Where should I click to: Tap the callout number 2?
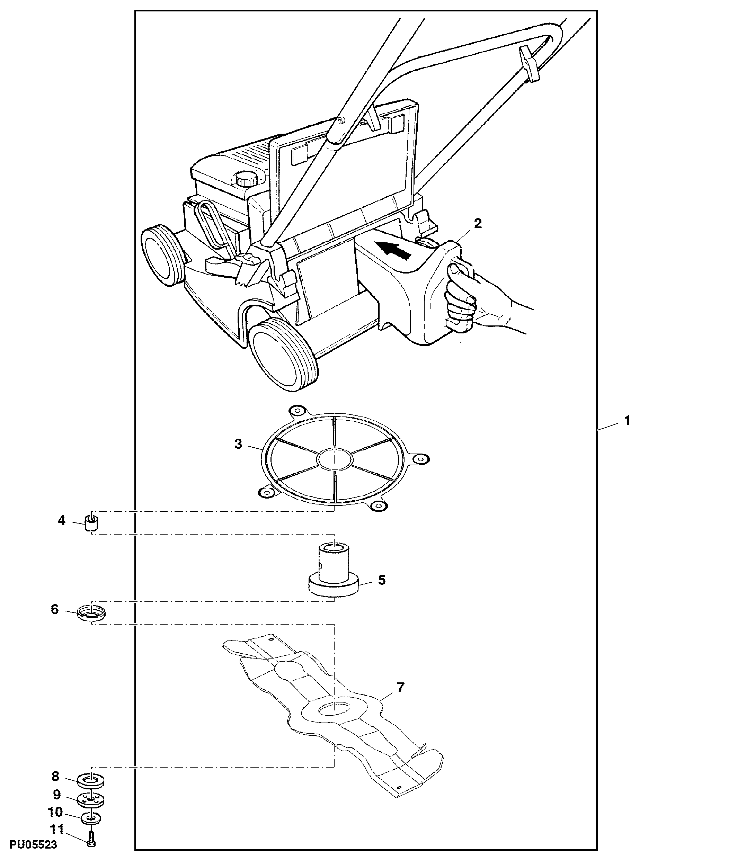tap(478, 224)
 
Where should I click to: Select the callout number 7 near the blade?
tap(400, 688)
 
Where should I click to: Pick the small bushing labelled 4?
tap(91, 523)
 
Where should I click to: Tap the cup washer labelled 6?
tap(91, 612)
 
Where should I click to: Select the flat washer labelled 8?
tap(90, 780)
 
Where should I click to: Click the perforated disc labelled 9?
tap(90, 799)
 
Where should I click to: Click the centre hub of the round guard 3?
tap(334, 459)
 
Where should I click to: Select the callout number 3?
tap(238, 444)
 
